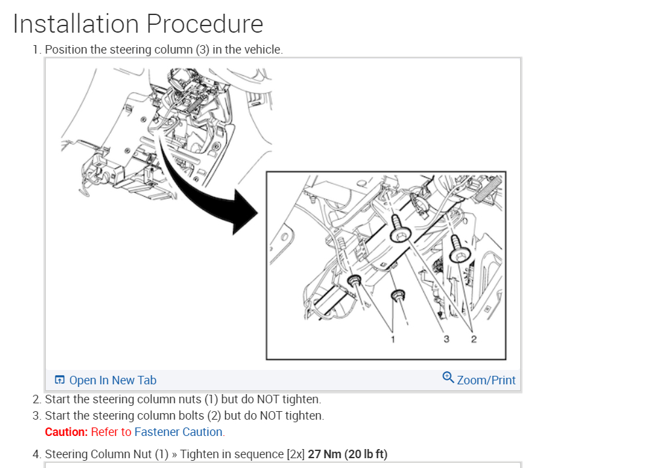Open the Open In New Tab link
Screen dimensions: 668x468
click(113, 380)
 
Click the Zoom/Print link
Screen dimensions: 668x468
click(486, 380)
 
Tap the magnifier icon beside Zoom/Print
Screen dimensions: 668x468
click(448, 377)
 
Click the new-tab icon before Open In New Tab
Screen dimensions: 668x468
click(60, 380)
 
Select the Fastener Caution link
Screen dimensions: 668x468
click(179, 432)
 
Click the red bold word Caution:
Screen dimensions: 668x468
click(66, 432)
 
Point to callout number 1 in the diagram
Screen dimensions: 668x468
click(393, 339)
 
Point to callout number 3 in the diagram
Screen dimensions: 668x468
click(446, 339)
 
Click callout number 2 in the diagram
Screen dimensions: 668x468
click(474, 339)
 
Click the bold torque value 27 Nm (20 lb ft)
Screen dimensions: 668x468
click(347, 454)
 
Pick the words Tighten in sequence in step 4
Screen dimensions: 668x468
click(232, 454)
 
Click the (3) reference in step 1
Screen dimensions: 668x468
click(203, 50)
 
